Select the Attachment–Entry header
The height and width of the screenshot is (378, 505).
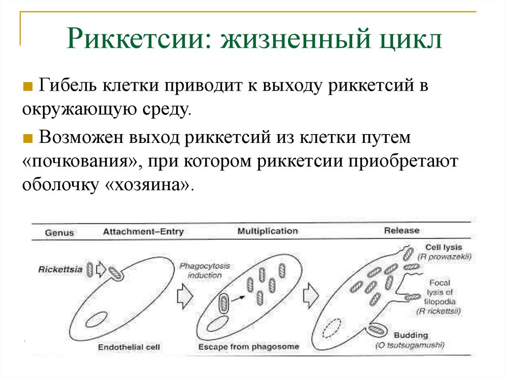click(x=143, y=232)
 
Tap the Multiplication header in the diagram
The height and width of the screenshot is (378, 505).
click(x=268, y=231)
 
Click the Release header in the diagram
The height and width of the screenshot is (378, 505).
click(x=401, y=230)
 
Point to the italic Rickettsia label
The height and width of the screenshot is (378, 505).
click(x=60, y=269)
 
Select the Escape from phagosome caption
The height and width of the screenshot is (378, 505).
click(x=249, y=346)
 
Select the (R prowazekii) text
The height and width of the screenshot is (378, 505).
click(x=444, y=257)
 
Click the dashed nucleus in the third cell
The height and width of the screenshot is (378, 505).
click(x=333, y=328)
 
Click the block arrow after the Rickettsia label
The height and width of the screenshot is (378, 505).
click(x=100, y=269)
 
